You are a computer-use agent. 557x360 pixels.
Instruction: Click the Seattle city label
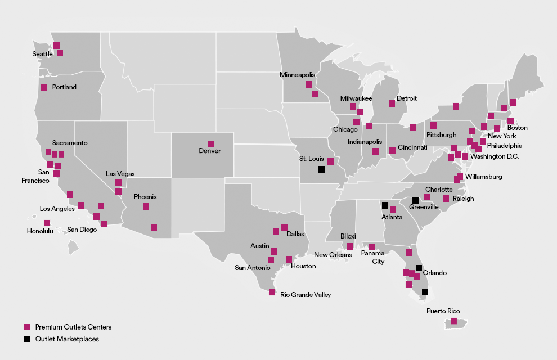click(42, 54)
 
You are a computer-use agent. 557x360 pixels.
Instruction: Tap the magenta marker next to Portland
click(44, 87)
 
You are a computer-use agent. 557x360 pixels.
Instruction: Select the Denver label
click(210, 151)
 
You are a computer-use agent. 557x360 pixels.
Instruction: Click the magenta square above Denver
click(210, 143)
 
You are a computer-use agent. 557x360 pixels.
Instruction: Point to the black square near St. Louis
click(321, 169)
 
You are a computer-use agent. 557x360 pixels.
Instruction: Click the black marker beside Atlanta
click(385, 205)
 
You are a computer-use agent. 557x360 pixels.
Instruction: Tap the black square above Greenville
click(415, 201)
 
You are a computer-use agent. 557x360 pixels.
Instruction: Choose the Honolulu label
click(40, 231)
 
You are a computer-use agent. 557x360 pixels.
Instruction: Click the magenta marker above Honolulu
click(47, 223)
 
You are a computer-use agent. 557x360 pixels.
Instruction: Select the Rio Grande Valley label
click(306, 295)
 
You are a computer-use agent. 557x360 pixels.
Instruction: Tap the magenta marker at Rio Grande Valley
click(272, 292)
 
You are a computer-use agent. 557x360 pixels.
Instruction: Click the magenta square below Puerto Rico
click(453, 321)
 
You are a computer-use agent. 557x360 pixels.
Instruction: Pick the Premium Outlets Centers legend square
click(26, 327)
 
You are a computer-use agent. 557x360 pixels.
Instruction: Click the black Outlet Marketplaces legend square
click(26, 339)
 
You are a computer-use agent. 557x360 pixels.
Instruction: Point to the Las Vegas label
click(120, 174)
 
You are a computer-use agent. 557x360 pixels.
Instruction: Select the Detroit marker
click(392, 103)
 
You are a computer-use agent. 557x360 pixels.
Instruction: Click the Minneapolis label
click(298, 75)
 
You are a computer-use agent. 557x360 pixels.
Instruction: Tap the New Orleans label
click(333, 255)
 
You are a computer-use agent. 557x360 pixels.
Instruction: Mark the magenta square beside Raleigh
click(446, 199)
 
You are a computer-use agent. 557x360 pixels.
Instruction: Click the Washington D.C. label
click(495, 156)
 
